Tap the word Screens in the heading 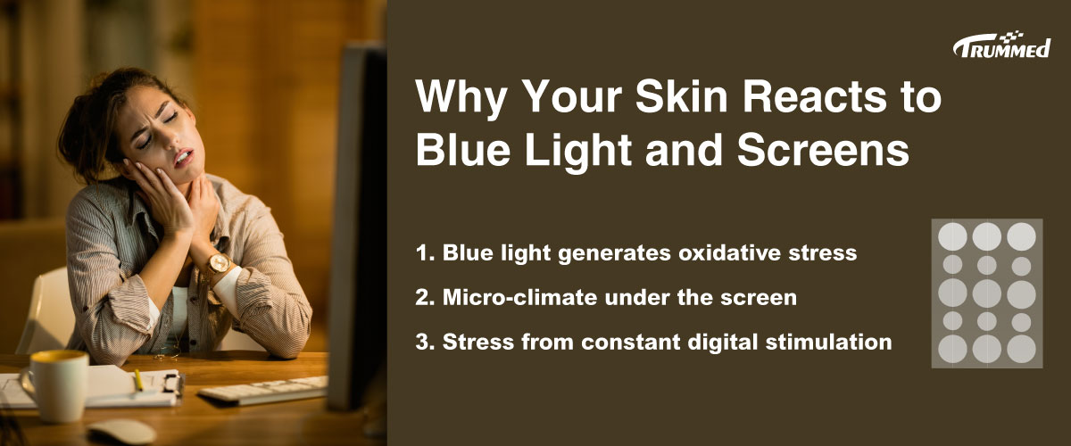(823, 149)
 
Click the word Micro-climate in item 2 (519, 297)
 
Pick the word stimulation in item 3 (828, 342)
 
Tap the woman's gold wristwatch (219, 263)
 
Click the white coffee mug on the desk (57, 385)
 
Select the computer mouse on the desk (122, 431)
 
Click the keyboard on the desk (264, 390)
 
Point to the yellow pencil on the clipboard (138, 380)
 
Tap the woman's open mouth (184, 157)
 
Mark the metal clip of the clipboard (172, 383)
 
